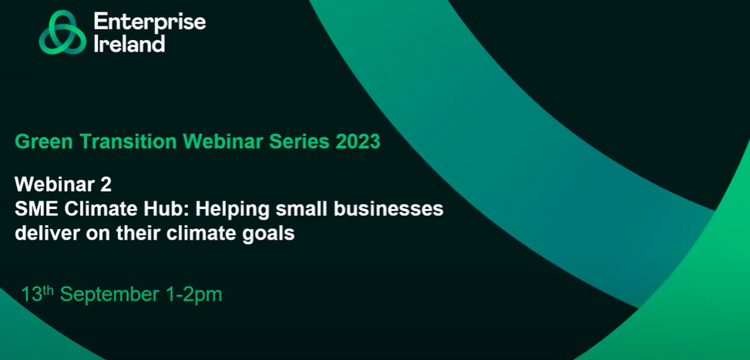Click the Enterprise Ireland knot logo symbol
pos(62,32)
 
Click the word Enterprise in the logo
pos(150,22)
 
